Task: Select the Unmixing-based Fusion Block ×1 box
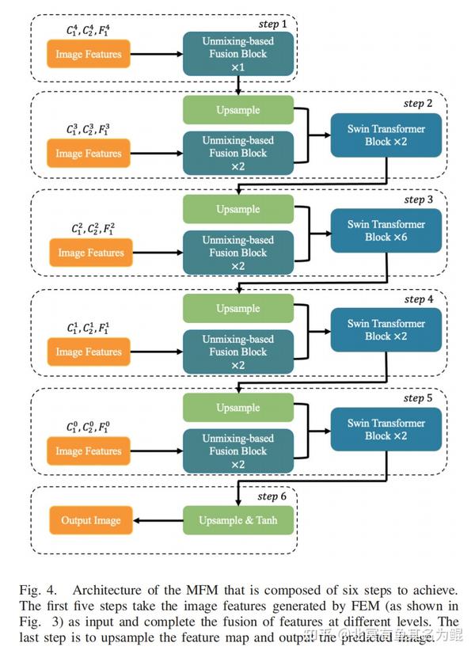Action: [x=237, y=54]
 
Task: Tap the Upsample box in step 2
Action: [x=237, y=110]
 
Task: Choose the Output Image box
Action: [x=91, y=520]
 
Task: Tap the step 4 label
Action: [x=418, y=299]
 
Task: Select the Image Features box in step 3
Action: [x=91, y=253]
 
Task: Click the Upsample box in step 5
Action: [x=237, y=408]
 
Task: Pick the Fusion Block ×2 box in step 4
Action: [x=237, y=352]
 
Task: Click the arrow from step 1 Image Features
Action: [x=157, y=55]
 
